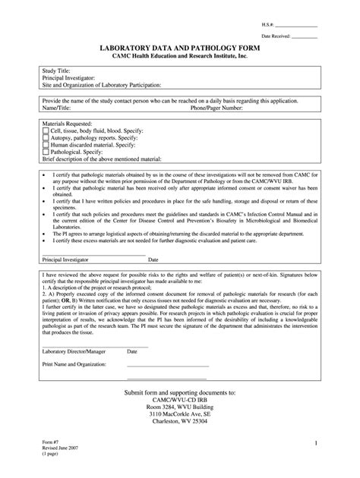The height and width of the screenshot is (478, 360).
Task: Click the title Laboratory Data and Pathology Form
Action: [180, 48]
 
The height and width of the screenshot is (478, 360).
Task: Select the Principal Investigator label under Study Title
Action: [68, 77]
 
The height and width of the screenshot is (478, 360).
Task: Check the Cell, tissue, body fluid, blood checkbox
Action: [45, 131]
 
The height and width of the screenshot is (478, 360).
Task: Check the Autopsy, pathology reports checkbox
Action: [45, 137]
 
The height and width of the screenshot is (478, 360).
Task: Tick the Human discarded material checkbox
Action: [45, 144]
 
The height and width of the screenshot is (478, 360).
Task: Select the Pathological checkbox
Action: [45, 151]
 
